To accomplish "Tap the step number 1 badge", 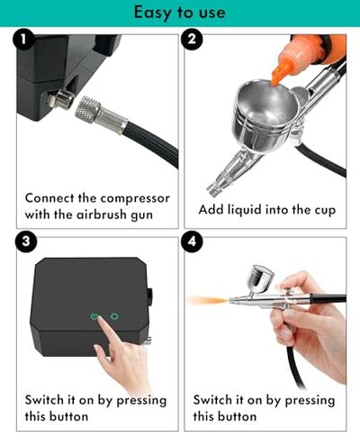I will [x=23, y=41].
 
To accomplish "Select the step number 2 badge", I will [x=192, y=41].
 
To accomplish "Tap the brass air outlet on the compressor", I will [x=61, y=99].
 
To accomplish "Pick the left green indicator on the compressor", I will [x=93, y=317].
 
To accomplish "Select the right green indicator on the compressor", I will [x=114, y=317].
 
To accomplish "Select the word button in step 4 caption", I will [x=235, y=416].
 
